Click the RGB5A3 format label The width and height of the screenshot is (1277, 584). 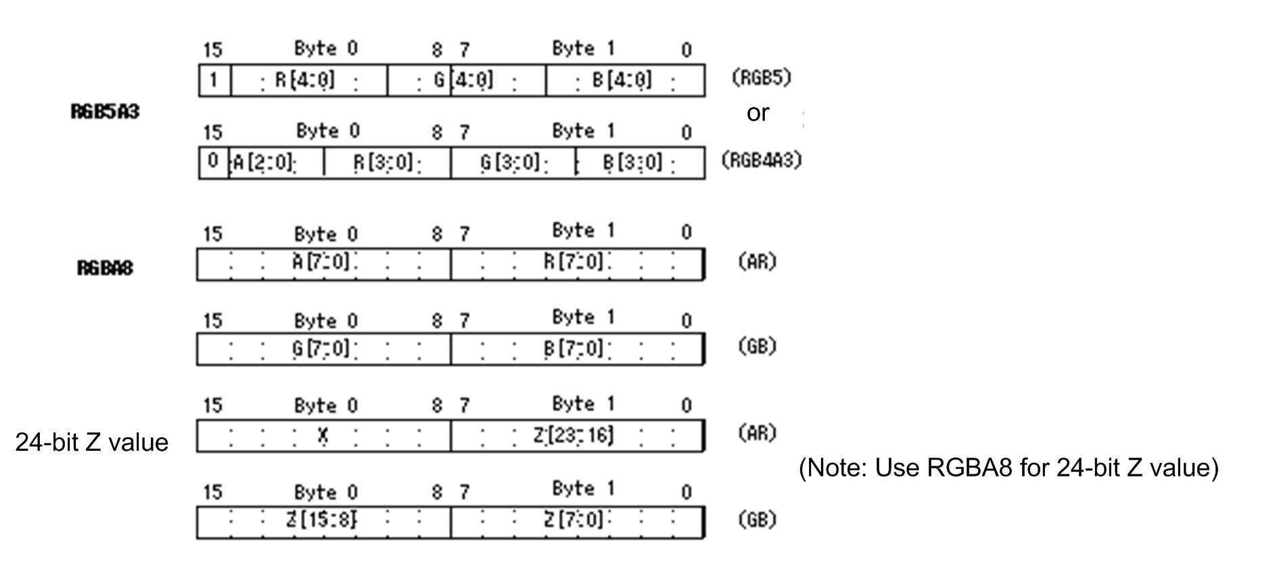(105, 112)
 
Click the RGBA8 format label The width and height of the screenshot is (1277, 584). (105, 268)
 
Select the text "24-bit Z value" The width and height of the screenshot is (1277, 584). (91, 443)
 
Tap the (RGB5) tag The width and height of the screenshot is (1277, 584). (760, 78)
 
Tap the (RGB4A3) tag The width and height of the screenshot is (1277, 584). (760, 160)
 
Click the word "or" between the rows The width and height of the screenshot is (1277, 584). (758, 113)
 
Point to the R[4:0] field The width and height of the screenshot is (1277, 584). (308, 81)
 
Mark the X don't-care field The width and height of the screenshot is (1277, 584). (323, 436)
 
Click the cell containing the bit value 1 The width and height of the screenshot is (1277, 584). (214, 81)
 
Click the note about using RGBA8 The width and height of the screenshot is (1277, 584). (1008, 468)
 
